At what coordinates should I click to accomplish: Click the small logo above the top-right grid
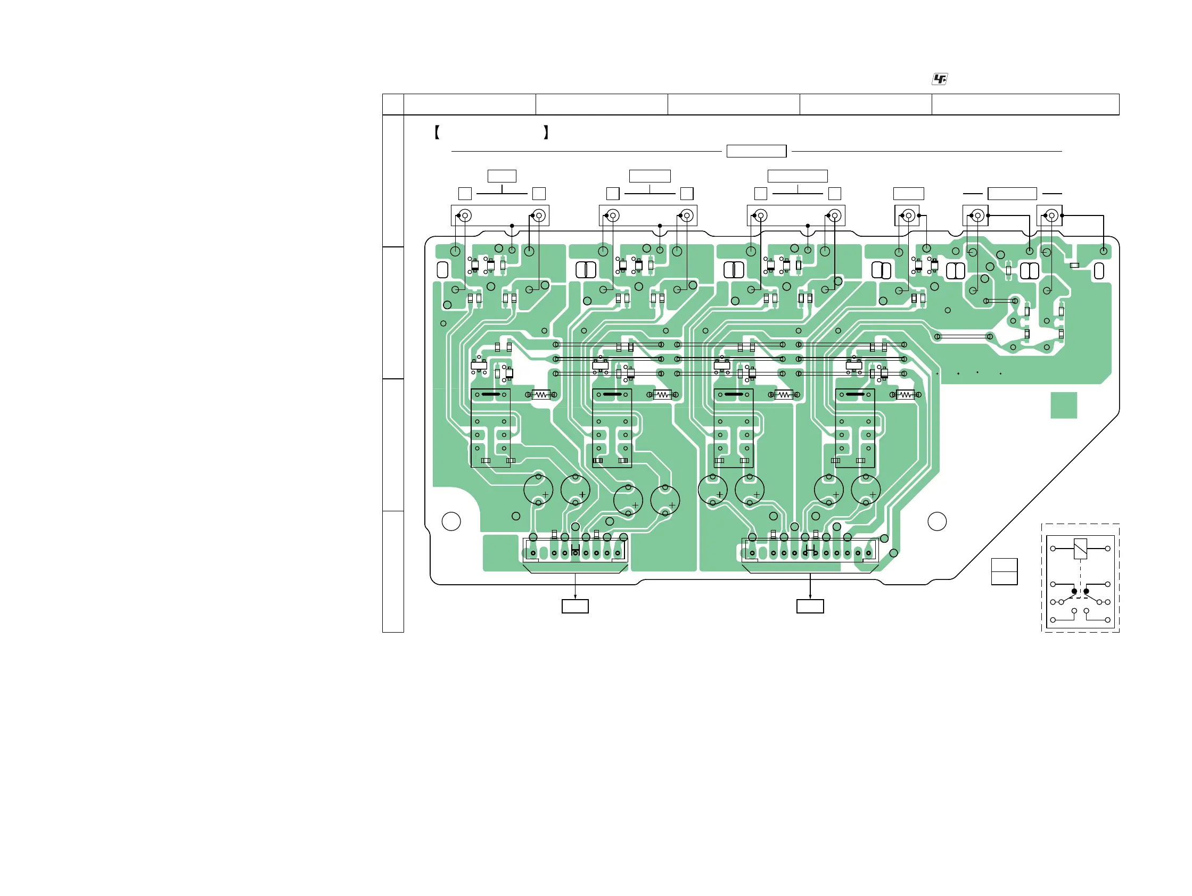click(939, 79)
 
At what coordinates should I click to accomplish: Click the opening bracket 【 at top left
click(437, 132)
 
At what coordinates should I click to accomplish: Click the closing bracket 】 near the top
click(546, 132)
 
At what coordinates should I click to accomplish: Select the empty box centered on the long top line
click(756, 151)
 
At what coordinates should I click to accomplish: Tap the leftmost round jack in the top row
click(465, 216)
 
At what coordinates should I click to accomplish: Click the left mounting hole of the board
click(451, 521)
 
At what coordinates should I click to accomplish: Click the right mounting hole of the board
click(937, 521)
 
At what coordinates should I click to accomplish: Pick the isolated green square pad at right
click(1064, 405)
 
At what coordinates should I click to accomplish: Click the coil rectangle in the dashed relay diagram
click(1080, 549)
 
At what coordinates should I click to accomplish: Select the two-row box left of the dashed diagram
click(1005, 571)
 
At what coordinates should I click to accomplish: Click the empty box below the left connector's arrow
click(575, 607)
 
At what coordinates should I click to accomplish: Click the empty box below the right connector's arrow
click(810, 607)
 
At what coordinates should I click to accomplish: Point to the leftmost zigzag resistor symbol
click(541, 395)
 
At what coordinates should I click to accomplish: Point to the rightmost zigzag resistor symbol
click(906, 395)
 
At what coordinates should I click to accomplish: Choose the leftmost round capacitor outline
click(538, 490)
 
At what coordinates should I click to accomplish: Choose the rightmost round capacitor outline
click(866, 490)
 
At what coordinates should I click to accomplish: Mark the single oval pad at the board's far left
click(442, 270)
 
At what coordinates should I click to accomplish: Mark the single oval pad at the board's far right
click(1099, 271)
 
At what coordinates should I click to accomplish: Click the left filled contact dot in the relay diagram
click(1074, 591)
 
